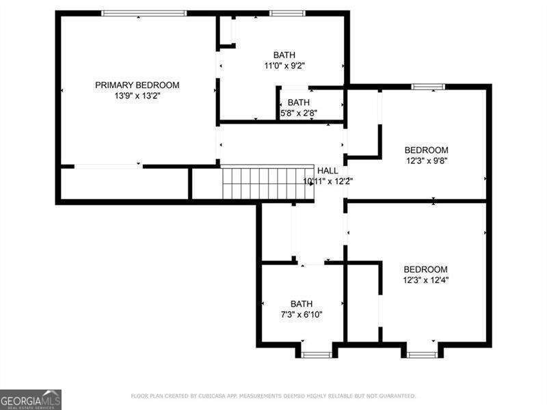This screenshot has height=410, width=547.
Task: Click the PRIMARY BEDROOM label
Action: point(137,85)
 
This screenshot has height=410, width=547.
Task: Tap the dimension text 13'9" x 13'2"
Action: point(137,96)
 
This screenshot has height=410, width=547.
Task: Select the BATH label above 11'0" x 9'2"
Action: point(284,55)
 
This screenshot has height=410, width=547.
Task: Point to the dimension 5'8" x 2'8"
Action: point(299,113)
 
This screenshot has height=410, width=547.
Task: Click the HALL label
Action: point(327,170)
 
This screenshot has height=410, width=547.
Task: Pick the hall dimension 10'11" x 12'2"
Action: point(328,181)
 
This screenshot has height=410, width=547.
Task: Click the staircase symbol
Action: point(267,183)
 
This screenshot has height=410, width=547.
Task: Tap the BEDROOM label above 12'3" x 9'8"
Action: point(426,150)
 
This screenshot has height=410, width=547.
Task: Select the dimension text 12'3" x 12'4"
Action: point(425,280)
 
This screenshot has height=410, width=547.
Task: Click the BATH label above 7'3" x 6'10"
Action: point(302,304)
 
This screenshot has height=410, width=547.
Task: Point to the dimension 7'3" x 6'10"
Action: point(302,315)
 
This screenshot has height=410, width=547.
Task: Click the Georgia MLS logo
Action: point(31,399)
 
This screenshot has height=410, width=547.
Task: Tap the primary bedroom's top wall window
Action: point(144,13)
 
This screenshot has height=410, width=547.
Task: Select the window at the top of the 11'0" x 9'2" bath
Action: point(287,13)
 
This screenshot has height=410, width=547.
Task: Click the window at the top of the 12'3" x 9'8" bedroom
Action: point(428,87)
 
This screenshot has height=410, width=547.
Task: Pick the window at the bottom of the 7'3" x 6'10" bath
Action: point(317,355)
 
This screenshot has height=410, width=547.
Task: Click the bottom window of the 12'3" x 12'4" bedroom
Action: point(422,355)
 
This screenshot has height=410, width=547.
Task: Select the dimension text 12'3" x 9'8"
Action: point(426,161)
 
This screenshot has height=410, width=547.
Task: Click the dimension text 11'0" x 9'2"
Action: point(284,66)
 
